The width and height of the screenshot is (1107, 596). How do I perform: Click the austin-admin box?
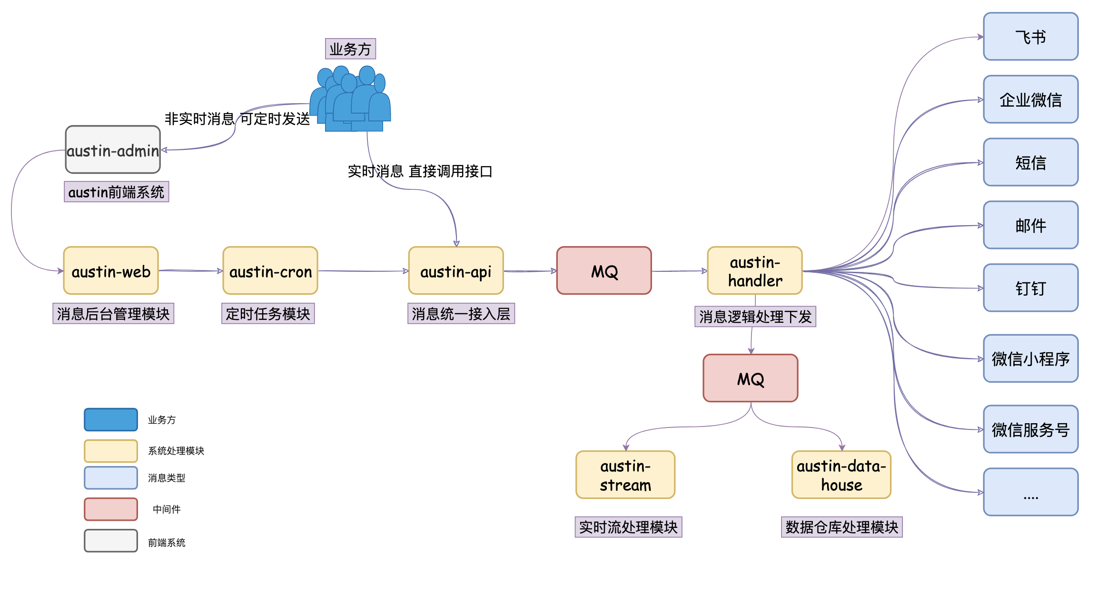(113, 149)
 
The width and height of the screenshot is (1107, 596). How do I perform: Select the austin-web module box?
(111, 270)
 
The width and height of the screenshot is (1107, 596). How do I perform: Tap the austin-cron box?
(270, 270)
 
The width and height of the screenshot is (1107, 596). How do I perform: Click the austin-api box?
(456, 270)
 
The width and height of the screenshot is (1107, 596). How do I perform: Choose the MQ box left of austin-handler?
(604, 270)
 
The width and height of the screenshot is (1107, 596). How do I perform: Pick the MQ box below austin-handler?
(751, 378)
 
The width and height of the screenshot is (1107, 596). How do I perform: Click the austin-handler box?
(755, 270)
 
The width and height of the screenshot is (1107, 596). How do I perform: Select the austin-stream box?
(625, 475)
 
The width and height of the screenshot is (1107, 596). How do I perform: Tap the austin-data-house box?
(841, 475)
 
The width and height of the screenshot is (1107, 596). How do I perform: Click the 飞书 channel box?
(1031, 37)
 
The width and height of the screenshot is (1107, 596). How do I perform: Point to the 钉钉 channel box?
(1031, 288)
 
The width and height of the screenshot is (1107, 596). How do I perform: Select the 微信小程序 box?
(1031, 358)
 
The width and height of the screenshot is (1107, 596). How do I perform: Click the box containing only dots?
(1031, 492)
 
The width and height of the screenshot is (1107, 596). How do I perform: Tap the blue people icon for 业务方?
(351, 100)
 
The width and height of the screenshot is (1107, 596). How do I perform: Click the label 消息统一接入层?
(461, 314)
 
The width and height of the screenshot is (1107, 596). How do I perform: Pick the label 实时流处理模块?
(628, 527)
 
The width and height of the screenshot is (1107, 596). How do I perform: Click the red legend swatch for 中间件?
(111, 509)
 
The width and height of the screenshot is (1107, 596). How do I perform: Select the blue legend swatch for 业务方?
(111, 419)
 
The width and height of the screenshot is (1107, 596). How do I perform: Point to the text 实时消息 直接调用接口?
(420, 171)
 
